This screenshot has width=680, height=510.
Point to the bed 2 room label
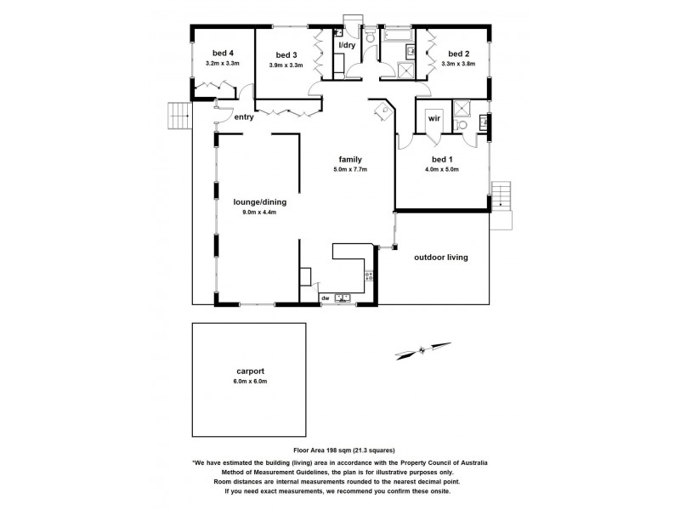[459, 52]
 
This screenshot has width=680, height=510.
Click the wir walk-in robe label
[433, 117]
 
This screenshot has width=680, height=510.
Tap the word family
[350, 159]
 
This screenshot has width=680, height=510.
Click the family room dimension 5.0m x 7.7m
[350, 169]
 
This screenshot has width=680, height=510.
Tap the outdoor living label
[441, 257]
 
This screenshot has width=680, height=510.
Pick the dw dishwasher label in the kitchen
[326, 298]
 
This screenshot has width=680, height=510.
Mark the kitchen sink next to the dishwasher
[343, 297]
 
